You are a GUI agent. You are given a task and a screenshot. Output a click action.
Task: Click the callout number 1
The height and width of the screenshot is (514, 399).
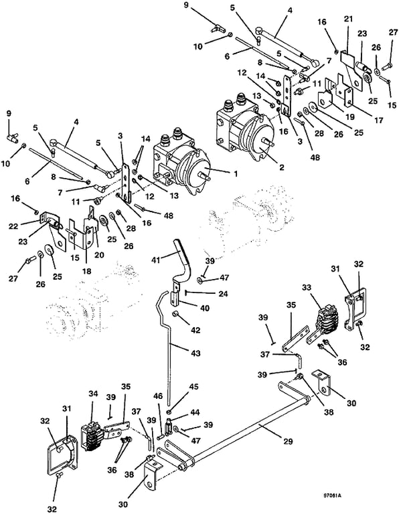tap(235, 173)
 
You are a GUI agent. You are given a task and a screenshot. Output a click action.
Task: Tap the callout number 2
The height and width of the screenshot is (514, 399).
tap(282, 167)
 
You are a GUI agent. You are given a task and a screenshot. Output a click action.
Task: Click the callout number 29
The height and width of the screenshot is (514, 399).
tap(288, 442)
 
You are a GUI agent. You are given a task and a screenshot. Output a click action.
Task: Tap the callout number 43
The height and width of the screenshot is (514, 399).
tap(195, 353)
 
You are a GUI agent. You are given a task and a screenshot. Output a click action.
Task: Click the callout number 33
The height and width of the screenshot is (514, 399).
tap(307, 288)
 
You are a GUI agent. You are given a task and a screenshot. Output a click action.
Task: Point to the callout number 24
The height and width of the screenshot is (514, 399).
tap(224, 293)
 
